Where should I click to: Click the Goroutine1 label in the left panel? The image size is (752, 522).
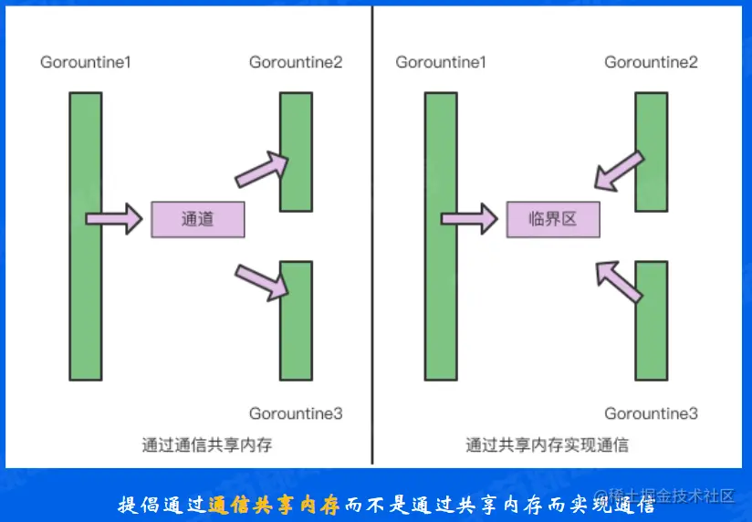[x=87, y=62]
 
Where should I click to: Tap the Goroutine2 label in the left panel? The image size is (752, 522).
[x=296, y=62]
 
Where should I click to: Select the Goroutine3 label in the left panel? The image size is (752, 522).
[x=296, y=413]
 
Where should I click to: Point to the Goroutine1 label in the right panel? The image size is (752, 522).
[x=441, y=62]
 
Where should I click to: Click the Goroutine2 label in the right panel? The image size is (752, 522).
[x=651, y=62]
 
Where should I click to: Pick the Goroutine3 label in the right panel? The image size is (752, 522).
[x=651, y=413]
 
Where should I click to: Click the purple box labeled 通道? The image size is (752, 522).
[x=197, y=219]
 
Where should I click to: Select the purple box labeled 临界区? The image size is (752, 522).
[x=553, y=219]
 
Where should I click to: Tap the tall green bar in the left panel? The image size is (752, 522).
[x=85, y=235]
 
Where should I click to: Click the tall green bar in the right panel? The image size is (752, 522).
[x=440, y=235]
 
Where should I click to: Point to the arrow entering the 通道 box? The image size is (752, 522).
[x=114, y=219]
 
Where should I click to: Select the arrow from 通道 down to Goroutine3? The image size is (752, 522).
[x=263, y=280]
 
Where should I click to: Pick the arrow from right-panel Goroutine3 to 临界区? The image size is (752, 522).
[x=620, y=278]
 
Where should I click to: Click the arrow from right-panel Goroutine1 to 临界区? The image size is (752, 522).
[x=469, y=219]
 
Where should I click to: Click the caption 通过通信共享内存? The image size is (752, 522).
[x=207, y=445]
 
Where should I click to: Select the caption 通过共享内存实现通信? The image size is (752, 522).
[x=547, y=445]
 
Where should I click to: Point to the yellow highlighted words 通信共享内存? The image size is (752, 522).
[x=273, y=504]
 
